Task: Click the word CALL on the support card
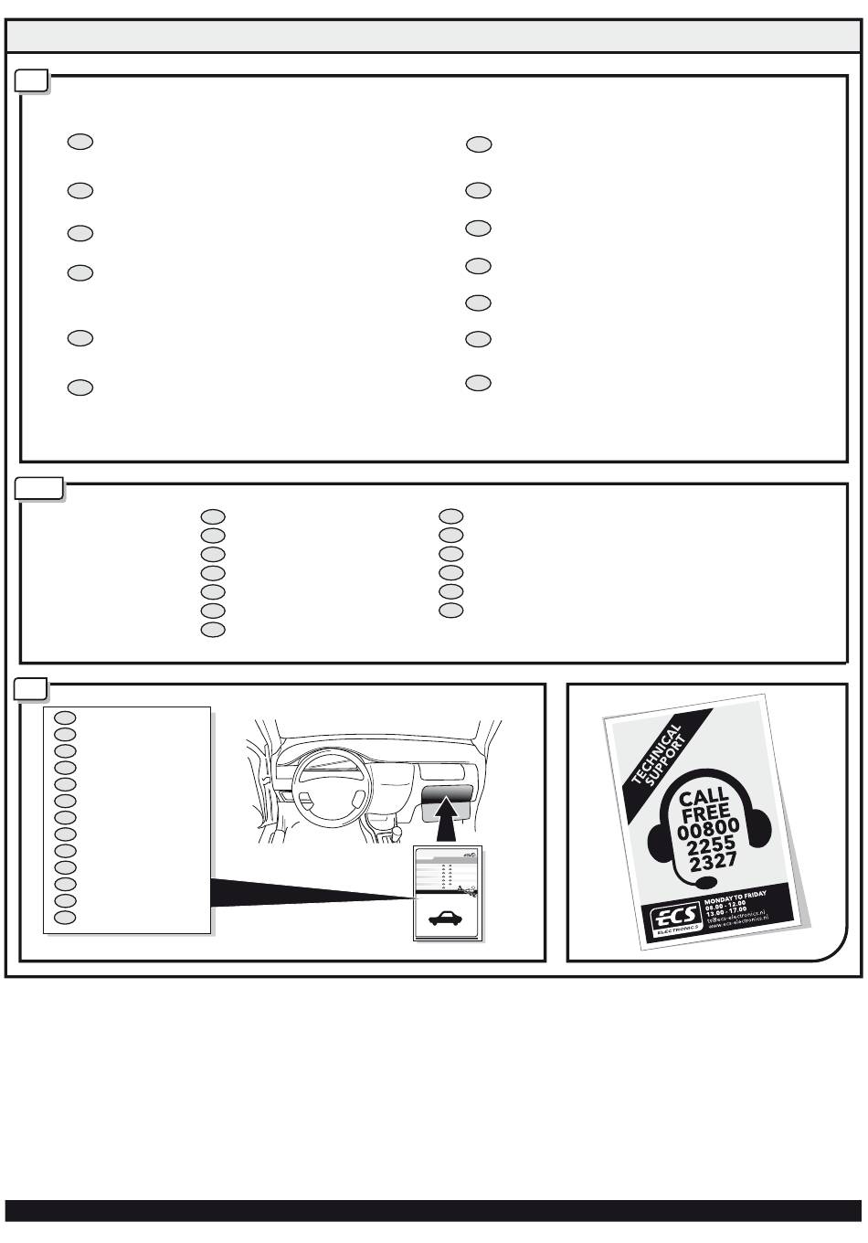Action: [x=704, y=797]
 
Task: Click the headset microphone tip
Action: [x=705, y=884]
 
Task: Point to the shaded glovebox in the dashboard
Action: [x=447, y=795]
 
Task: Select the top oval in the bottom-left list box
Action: [x=64, y=717]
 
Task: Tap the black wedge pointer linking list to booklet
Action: [x=302, y=892]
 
